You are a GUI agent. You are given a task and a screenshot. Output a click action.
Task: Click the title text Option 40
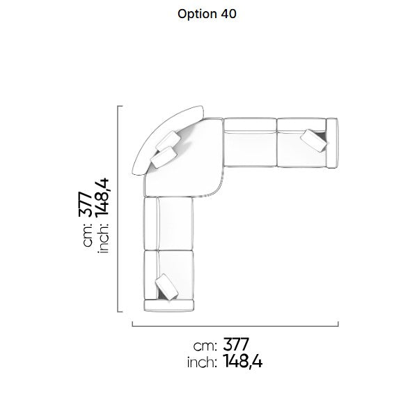pyautogui.click(x=207, y=14)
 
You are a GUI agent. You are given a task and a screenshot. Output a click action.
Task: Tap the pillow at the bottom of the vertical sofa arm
pyautogui.click(x=167, y=287)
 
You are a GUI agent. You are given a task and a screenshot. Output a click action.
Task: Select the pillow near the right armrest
pyautogui.click(x=314, y=141)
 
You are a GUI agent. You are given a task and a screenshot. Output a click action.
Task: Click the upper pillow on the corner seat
pyautogui.click(x=168, y=141)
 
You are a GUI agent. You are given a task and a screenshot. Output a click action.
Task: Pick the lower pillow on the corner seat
pyautogui.click(x=163, y=157)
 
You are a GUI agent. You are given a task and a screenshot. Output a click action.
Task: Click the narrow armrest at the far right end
pyautogui.click(x=332, y=143)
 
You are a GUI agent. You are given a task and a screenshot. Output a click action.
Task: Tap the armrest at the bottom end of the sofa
pyautogui.click(x=168, y=305)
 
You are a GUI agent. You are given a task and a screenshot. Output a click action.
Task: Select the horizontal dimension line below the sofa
pyautogui.click(x=235, y=325)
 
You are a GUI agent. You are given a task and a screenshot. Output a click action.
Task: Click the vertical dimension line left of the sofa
pyautogui.click(x=118, y=208)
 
